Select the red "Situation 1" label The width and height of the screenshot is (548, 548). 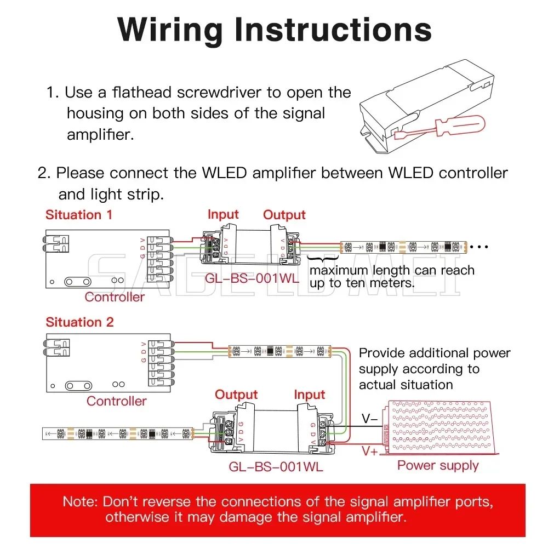[79, 214]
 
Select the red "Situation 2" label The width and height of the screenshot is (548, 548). [79, 322]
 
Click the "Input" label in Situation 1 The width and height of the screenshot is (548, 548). [223, 214]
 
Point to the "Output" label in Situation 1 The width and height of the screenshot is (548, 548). [284, 215]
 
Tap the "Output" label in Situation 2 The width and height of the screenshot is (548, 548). [236, 395]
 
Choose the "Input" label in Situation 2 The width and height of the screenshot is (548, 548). [309, 395]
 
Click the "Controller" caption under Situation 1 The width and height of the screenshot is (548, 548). [115, 297]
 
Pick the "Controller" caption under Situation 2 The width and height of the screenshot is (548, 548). [117, 401]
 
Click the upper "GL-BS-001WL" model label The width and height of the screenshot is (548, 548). [252, 278]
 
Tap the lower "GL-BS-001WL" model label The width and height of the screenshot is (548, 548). [276, 467]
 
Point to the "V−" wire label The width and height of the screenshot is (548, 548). [369, 419]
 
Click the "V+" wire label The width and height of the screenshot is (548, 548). [370, 451]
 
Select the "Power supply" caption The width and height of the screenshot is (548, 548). [438, 465]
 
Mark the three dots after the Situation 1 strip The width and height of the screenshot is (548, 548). [479, 247]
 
